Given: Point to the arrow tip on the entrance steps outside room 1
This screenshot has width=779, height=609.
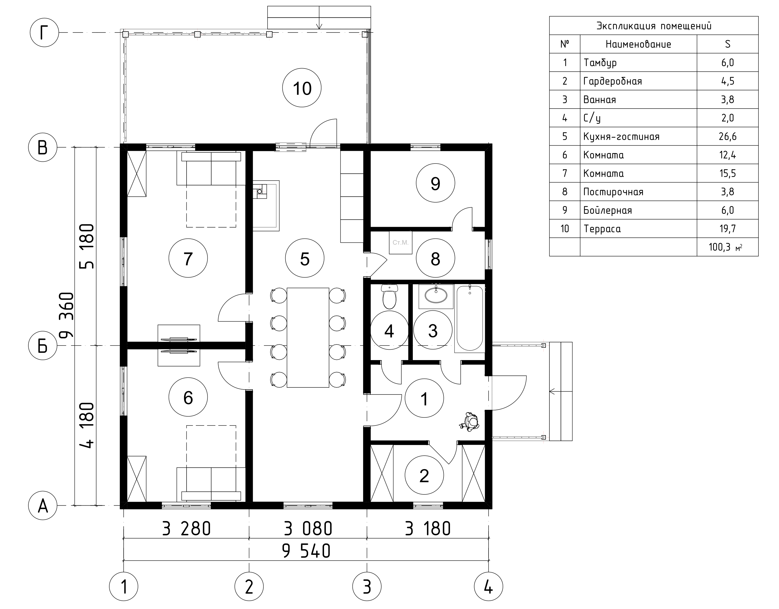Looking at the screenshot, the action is click(550, 391).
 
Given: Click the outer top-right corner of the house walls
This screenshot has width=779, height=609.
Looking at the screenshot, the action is click(492, 144).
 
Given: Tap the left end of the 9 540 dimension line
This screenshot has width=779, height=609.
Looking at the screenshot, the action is click(124, 560).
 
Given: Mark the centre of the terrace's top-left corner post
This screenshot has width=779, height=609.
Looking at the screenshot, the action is click(125, 35).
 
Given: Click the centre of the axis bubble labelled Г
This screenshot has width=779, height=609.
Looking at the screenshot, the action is click(44, 33).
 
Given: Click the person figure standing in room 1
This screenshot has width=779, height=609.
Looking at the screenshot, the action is click(470, 422).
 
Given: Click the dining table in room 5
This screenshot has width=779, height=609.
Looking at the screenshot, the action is click(308, 337).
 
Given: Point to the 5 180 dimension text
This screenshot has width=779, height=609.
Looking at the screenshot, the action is click(87, 246).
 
